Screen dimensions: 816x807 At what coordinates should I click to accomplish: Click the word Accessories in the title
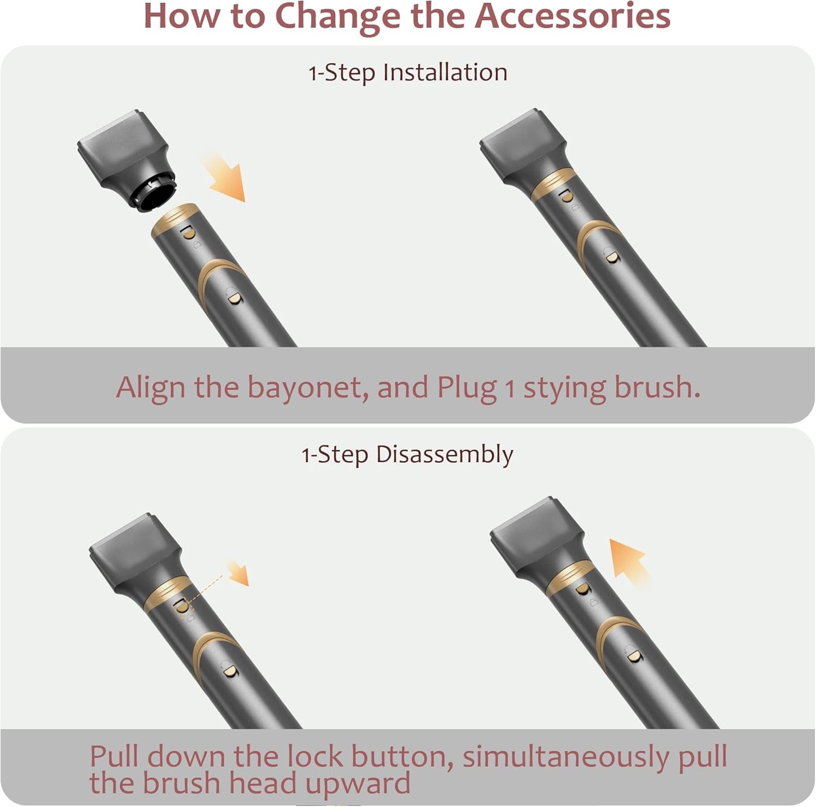coord(572,16)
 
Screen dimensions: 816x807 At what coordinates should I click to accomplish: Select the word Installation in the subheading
coord(445,72)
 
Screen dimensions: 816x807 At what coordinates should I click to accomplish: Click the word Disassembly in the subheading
coord(444,455)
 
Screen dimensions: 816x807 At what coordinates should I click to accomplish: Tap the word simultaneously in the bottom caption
coord(566,758)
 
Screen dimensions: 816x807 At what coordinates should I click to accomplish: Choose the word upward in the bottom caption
coord(357,784)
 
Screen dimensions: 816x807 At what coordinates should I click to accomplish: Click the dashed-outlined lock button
coord(181,606)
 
